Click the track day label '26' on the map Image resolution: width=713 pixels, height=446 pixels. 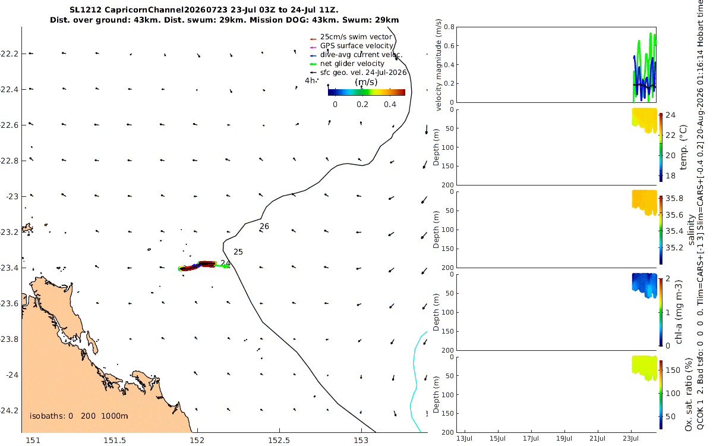coord(264,227)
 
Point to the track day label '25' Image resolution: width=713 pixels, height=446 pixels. coord(238,252)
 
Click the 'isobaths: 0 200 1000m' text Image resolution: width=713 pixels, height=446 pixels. coord(79,416)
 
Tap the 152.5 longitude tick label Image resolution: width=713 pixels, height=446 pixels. coord(279,441)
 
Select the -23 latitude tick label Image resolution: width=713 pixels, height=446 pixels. coord(12,197)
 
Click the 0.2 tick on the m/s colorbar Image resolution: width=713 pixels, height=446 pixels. coord(362,105)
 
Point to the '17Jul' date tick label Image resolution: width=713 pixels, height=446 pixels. coord(531,438)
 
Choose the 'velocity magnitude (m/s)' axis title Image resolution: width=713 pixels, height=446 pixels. coord(438,65)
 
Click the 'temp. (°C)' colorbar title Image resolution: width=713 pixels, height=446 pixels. coord(683,147)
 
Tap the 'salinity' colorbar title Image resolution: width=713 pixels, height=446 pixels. coord(691,230)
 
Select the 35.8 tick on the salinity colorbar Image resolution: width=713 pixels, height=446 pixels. coord(674,199)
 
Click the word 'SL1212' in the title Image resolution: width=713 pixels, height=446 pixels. coord(86,10)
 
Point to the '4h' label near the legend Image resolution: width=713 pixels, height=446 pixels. coord(310,81)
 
